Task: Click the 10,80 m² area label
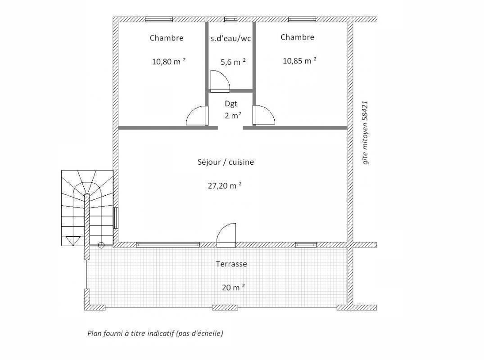tap(168, 61)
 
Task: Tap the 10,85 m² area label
tap(299, 60)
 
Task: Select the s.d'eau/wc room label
tap(231, 39)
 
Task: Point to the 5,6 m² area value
tap(233, 62)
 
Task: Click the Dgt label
tap(231, 103)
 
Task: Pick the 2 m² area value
tap(233, 116)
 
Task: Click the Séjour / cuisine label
tap(226, 162)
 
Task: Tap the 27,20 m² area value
tap(225, 185)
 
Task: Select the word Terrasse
tap(231, 264)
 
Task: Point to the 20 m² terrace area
tap(233, 287)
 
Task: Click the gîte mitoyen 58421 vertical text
tap(366, 133)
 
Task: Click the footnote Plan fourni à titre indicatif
tap(155, 333)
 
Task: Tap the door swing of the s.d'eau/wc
tap(220, 81)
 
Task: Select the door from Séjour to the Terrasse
tap(226, 235)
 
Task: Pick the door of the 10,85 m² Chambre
tap(263, 115)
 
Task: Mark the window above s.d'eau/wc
tap(231, 19)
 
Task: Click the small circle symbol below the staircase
tap(101, 245)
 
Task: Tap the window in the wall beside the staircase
tap(116, 218)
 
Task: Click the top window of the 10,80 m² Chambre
tap(158, 19)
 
